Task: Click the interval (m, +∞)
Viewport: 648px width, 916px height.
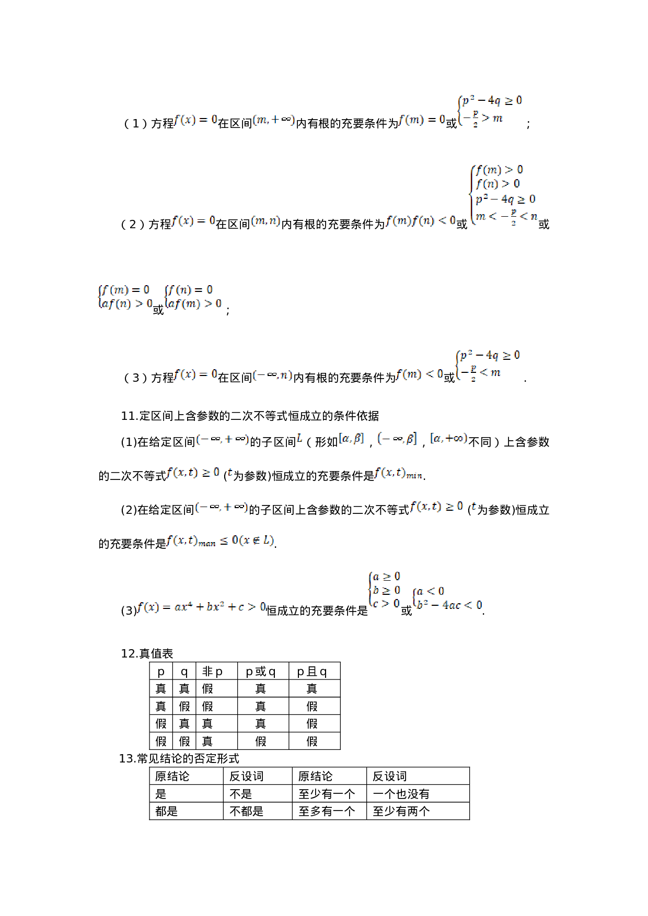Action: (273, 120)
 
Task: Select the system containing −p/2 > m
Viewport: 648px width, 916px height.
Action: (490, 110)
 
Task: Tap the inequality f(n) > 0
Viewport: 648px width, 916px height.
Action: (497, 184)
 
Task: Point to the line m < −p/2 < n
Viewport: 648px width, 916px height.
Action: (506, 216)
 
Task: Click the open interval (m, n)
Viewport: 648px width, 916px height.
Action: (265, 221)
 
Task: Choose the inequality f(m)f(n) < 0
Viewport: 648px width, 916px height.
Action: (420, 220)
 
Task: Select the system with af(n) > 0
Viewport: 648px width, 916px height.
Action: (125, 297)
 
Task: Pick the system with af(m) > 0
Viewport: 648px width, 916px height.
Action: (193, 297)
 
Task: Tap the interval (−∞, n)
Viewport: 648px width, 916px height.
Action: (272, 374)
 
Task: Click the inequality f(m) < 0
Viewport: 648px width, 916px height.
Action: (419, 374)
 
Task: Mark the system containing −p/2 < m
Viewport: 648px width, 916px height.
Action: (487, 365)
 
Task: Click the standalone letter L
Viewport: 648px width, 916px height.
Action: (299, 438)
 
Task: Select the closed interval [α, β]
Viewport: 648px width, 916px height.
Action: (351, 438)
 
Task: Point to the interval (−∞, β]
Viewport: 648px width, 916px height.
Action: (397, 438)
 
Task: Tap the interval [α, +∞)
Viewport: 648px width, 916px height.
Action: (448, 438)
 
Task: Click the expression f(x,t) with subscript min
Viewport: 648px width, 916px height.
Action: (398, 472)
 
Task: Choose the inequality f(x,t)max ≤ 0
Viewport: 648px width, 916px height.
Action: (219, 540)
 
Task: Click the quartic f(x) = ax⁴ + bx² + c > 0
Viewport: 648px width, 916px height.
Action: (201, 606)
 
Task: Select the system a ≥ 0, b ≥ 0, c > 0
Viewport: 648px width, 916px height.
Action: (384, 590)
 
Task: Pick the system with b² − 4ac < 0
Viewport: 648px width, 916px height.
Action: (447, 598)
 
